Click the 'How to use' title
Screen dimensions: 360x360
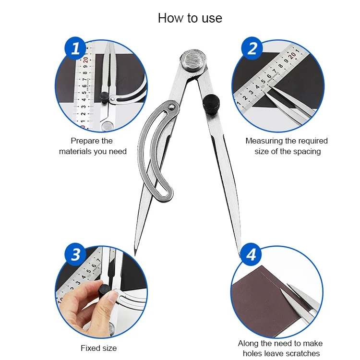point(190,18)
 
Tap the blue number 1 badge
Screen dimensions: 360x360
point(75,48)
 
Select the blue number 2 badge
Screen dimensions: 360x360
point(252,48)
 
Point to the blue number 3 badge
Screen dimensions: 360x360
point(75,254)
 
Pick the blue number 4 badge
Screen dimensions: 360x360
point(251,254)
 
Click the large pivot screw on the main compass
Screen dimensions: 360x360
point(193,61)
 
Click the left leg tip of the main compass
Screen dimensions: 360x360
point(135,255)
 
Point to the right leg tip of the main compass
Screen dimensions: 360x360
point(240,255)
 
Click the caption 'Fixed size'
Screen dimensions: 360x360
point(99,348)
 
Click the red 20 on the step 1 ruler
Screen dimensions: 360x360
point(85,60)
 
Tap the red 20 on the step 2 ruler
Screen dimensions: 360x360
point(292,55)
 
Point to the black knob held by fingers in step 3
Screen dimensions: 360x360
point(105,291)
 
